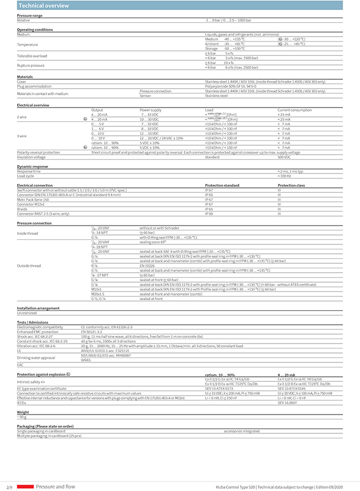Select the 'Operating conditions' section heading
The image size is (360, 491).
[35, 29]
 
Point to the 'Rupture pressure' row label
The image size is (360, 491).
[32, 65]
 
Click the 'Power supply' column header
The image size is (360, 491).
[151, 110]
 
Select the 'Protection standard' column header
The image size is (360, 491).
[222, 185]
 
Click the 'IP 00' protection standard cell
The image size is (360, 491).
[210, 213]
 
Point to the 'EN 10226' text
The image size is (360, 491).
[147, 266]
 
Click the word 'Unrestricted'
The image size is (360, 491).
[27, 313]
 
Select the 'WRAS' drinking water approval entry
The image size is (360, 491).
[86, 360]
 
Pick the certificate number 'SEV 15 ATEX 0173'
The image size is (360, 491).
[220, 388]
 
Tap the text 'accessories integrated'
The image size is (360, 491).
[241, 431]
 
